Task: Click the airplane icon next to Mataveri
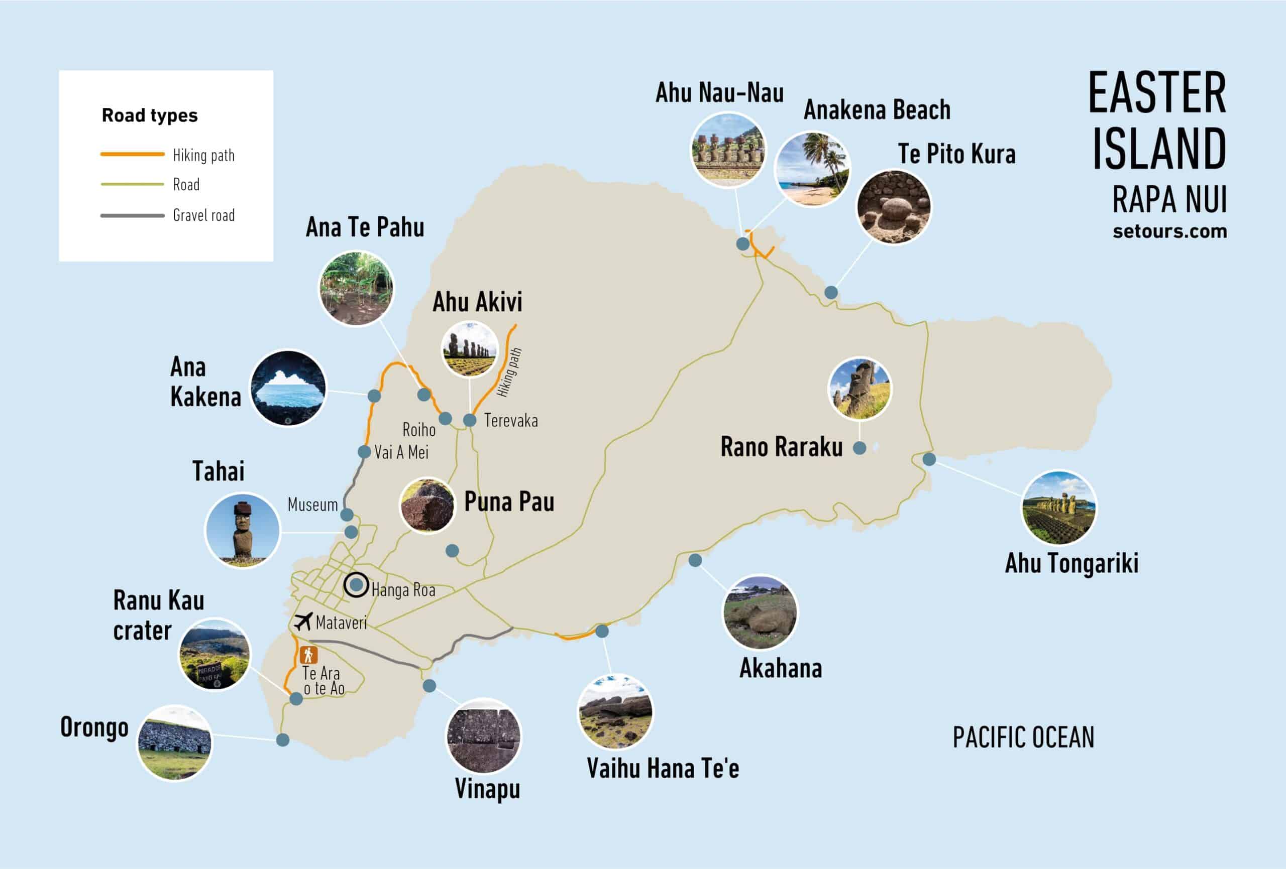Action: coord(303,621)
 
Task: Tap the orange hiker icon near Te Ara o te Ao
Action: coord(308,656)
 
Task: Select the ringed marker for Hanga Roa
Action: coord(356,585)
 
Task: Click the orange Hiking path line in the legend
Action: coord(132,154)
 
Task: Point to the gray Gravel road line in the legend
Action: coord(132,215)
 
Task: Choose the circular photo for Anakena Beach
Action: coord(812,169)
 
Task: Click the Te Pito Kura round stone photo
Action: coord(893,206)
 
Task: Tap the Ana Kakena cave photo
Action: coord(288,388)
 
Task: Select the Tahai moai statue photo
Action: coord(242,530)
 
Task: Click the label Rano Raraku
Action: coord(781,447)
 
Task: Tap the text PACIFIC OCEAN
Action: coord(1023,737)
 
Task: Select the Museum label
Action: coord(312,505)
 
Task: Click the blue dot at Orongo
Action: coord(283,739)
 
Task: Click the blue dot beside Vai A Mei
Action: coord(364,451)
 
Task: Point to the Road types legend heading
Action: coord(149,115)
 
